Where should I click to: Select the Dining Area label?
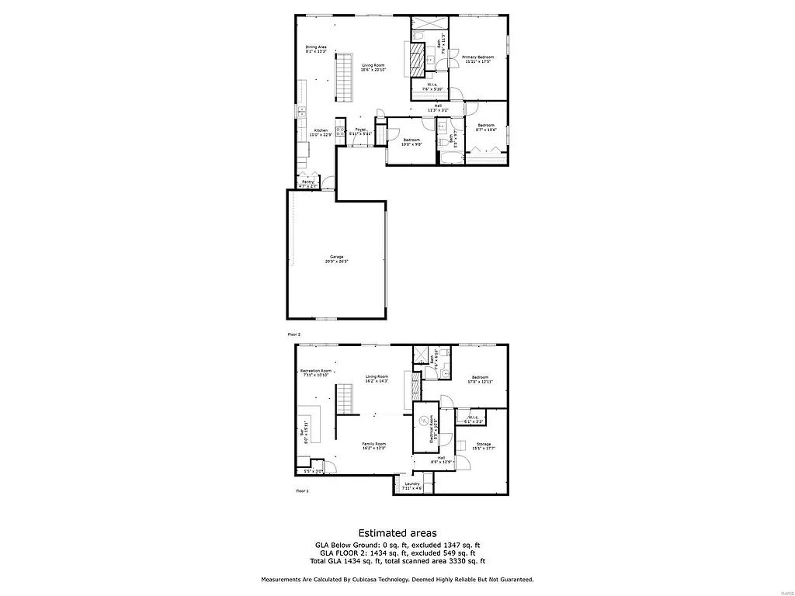tap(315, 49)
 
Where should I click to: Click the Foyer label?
tap(360, 131)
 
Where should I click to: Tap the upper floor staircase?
tap(344, 78)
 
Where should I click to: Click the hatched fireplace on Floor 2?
tap(417, 58)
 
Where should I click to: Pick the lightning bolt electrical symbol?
tap(424, 421)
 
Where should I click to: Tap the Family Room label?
tap(374, 445)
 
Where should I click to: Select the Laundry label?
tap(411, 486)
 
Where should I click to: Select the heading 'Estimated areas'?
tap(397, 533)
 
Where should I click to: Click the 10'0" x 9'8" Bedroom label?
tap(411, 142)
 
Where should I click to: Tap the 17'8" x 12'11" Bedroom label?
tap(479, 379)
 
